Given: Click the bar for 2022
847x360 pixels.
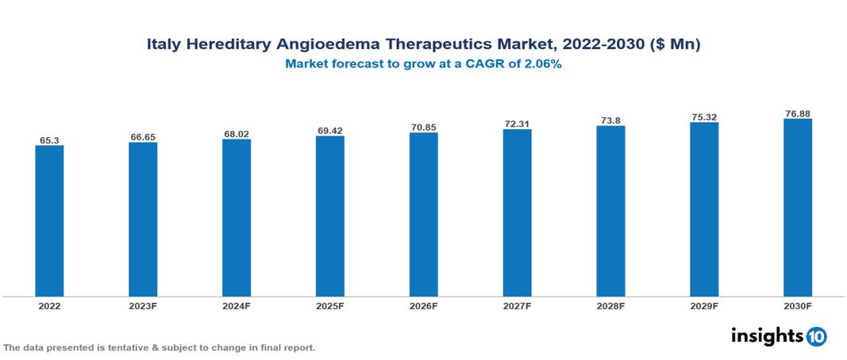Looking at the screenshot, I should click(x=49, y=220).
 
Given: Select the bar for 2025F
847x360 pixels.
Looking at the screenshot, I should click(x=329, y=216).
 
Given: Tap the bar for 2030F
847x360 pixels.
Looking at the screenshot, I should click(x=797, y=208).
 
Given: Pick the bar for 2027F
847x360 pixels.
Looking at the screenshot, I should click(x=517, y=213).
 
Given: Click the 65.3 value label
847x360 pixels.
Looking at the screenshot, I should click(x=49, y=140).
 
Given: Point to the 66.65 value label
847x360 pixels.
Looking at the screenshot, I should click(x=143, y=137).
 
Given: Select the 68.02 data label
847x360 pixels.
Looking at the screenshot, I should click(x=237, y=134).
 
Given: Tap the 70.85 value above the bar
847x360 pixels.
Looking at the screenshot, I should click(x=423, y=128).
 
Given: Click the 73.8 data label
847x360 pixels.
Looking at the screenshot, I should click(x=610, y=121).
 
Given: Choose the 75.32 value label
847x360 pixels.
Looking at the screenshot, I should click(x=704, y=117).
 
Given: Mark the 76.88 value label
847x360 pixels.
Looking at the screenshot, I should click(x=797, y=114).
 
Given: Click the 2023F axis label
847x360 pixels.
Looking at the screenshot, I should click(x=143, y=305).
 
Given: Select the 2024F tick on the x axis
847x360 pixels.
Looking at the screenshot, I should click(x=237, y=305).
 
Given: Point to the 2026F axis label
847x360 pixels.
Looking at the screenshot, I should click(x=423, y=305).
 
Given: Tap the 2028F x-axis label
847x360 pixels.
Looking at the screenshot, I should click(x=610, y=305).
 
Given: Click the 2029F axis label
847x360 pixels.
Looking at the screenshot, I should click(x=704, y=305).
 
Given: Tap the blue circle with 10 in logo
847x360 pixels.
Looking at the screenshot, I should click(x=816, y=336).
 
